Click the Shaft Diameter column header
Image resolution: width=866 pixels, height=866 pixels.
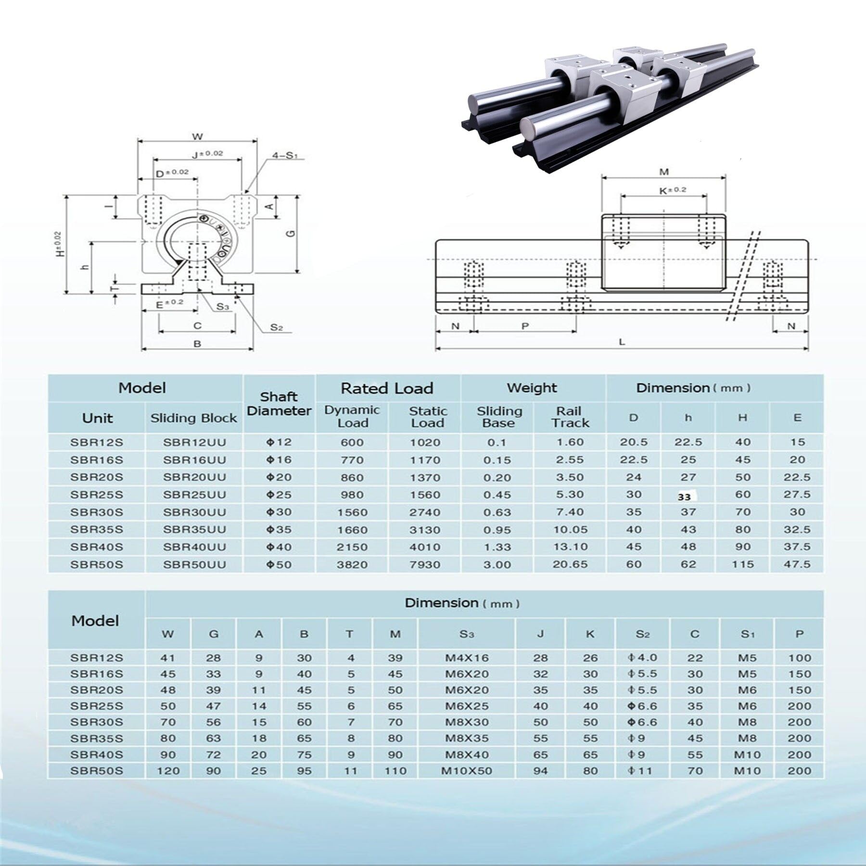pyautogui.click(x=279, y=404)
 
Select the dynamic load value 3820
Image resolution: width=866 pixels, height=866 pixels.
pyautogui.click(x=352, y=564)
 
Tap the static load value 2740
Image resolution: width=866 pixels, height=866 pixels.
pyautogui.click(x=425, y=512)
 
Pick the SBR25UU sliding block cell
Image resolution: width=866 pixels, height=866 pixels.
pyautogui.click(x=194, y=495)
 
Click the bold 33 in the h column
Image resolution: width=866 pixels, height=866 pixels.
pyautogui.click(x=684, y=497)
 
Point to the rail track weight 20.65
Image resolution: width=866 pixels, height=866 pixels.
pyautogui.click(x=570, y=564)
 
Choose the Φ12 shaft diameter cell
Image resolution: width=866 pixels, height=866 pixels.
pyautogui.click(x=279, y=442)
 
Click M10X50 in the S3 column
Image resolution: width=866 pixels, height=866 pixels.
pyautogui.click(x=466, y=771)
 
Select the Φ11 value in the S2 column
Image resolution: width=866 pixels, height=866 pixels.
pyautogui.click(x=642, y=771)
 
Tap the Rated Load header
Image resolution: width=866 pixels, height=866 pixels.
pyautogui.click(x=387, y=388)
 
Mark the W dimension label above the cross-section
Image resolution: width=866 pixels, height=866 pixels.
pyautogui.click(x=197, y=137)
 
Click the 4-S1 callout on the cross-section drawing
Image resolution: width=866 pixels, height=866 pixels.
pyautogui.click(x=285, y=155)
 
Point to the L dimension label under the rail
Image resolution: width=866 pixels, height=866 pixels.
pyautogui.click(x=622, y=342)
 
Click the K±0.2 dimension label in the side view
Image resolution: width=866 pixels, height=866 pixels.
pyautogui.click(x=672, y=190)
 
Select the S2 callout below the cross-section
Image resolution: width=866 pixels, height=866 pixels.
pyautogui.click(x=276, y=327)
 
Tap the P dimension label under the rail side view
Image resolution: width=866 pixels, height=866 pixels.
pyautogui.click(x=525, y=326)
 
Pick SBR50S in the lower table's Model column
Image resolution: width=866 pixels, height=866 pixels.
pyautogui.click(x=97, y=771)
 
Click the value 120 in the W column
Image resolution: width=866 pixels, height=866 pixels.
pyautogui.click(x=168, y=771)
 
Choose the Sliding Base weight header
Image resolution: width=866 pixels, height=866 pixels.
pyautogui.click(x=498, y=417)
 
